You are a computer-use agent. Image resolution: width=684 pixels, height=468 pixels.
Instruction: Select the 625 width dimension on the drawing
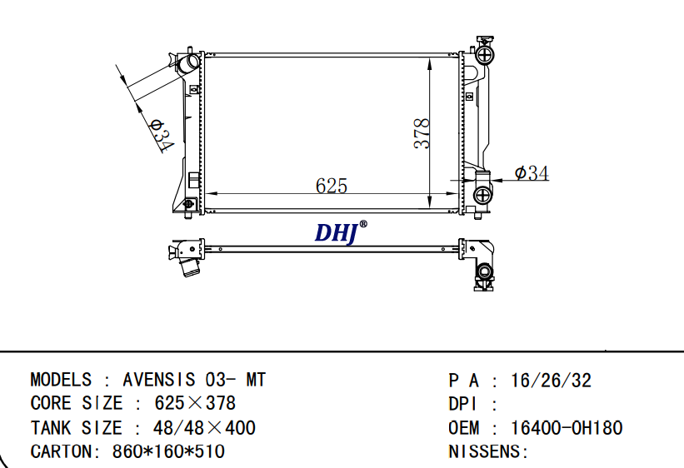point(332,186)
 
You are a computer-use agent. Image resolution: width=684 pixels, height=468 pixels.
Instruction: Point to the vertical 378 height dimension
point(422,133)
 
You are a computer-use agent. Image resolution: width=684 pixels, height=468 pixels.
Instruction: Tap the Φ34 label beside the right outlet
point(532,173)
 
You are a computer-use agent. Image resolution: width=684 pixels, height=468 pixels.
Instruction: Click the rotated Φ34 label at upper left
point(162,135)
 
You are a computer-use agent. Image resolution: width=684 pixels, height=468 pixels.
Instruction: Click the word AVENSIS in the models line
point(159,380)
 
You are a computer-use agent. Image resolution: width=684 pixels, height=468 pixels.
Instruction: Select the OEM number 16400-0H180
point(567,428)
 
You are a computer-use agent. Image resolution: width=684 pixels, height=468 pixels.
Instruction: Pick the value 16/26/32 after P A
point(551,381)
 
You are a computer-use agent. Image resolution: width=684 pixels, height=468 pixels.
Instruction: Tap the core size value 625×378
point(195,403)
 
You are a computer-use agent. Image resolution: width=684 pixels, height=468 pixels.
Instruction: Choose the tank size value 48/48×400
point(204,428)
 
